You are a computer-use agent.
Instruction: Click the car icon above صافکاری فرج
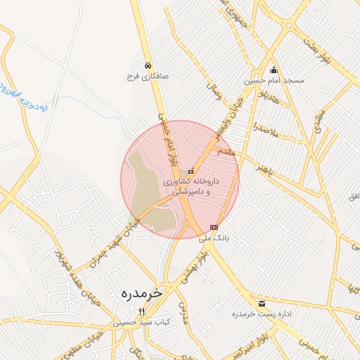(147, 65)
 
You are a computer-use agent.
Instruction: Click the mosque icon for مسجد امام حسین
(274, 70)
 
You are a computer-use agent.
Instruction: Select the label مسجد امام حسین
(274, 81)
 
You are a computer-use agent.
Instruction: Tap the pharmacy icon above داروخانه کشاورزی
(191, 170)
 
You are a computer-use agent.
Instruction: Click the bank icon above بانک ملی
(214, 227)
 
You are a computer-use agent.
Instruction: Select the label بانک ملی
(214, 238)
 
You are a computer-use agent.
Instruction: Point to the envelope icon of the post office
(262, 304)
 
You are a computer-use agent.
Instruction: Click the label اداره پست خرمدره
(262, 314)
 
